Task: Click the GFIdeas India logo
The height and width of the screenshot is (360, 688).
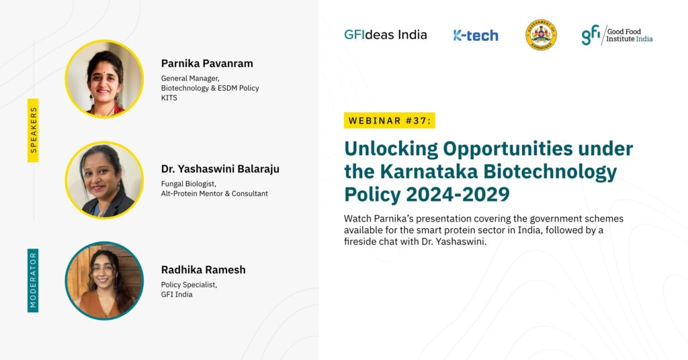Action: (x=385, y=35)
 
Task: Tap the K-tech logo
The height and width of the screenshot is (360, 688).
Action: (x=476, y=35)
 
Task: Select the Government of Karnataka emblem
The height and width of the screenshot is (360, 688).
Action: (x=541, y=35)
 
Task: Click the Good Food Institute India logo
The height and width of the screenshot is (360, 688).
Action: (x=617, y=35)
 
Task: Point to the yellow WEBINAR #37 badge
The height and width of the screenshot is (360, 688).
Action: (x=389, y=121)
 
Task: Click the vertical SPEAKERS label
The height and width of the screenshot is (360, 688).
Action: (x=34, y=130)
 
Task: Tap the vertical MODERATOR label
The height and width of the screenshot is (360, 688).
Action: (x=34, y=280)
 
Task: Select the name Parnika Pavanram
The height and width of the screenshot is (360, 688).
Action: (x=207, y=64)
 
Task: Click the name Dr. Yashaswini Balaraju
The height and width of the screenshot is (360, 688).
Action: (x=220, y=169)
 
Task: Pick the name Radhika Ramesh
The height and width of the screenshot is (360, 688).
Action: (x=203, y=270)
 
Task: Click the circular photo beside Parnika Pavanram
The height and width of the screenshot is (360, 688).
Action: (x=104, y=79)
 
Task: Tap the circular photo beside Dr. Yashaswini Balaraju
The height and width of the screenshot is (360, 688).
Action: (x=104, y=180)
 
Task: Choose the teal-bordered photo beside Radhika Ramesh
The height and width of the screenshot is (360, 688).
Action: (x=104, y=281)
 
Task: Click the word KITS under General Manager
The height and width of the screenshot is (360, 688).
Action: (x=169, y=98)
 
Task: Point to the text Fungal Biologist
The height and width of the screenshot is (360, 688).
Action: (x=189, y=184)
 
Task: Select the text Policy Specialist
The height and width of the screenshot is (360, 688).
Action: (x=189, y=285)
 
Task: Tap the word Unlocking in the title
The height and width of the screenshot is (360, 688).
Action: (x=391, y=149)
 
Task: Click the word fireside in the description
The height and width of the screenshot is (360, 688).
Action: (x=361, y=242)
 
